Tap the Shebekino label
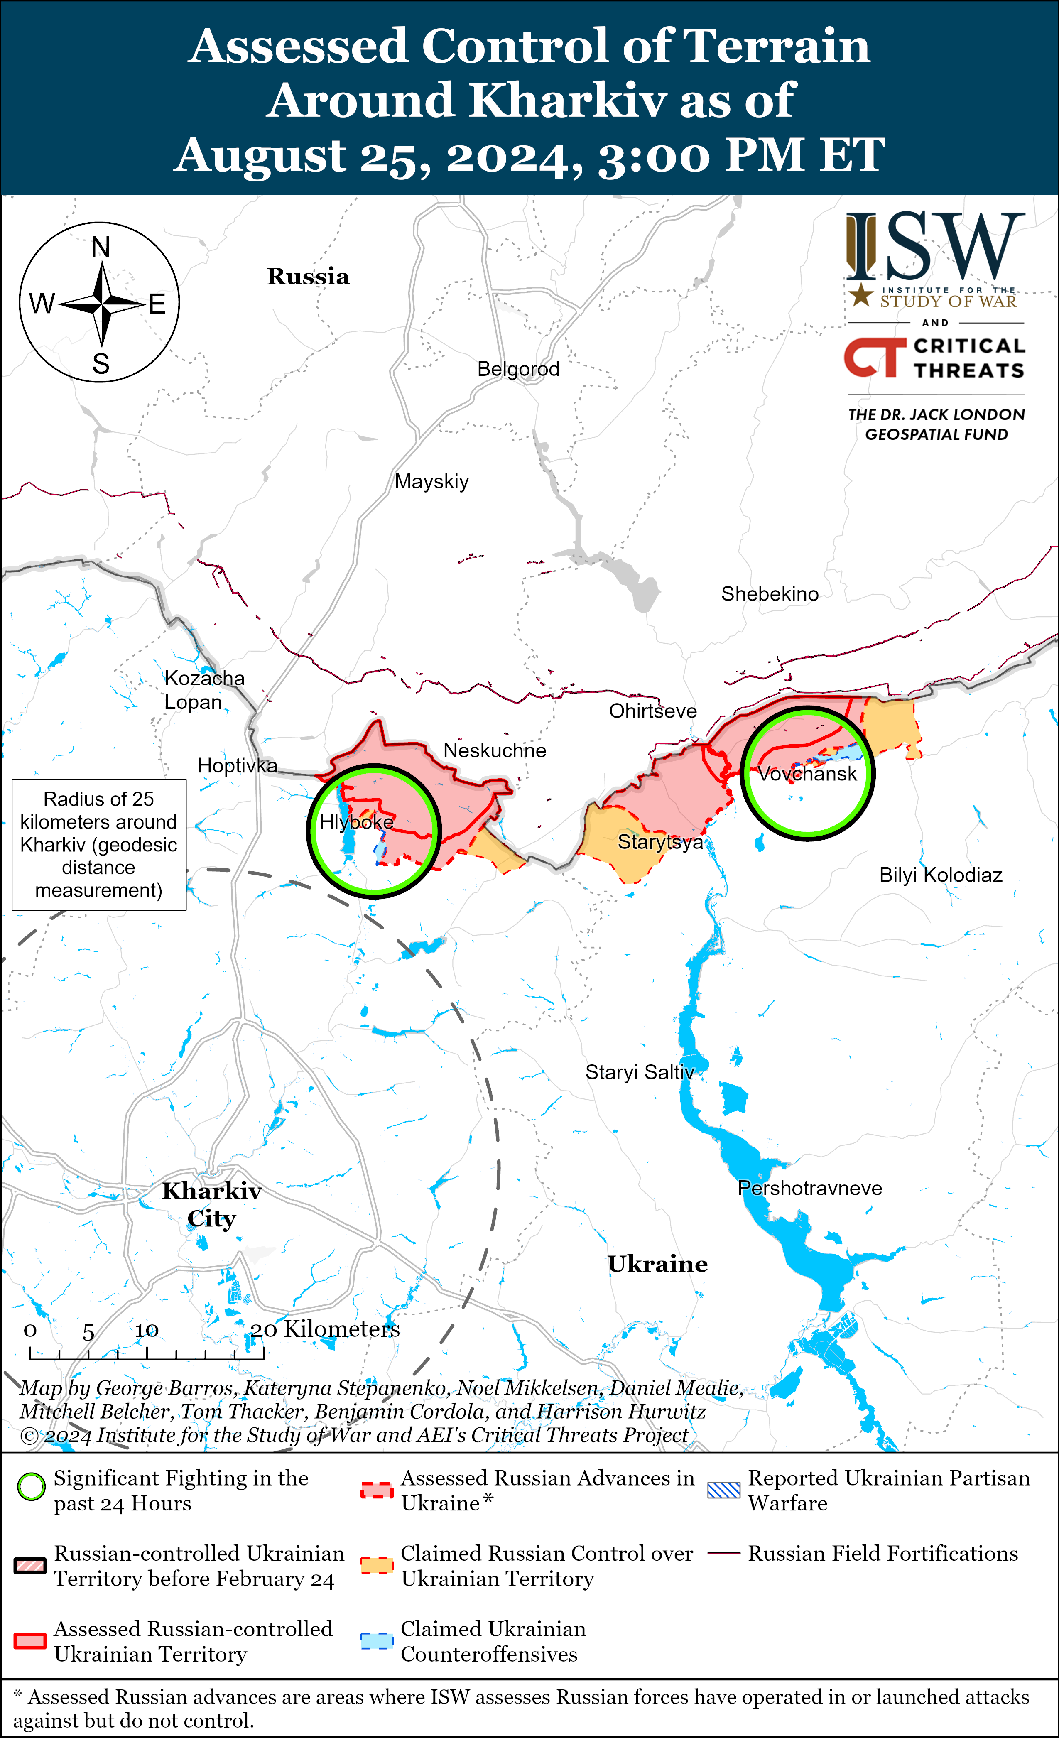pos(769,594)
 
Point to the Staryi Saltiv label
pos(639,1073)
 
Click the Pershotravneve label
pos(809,1189)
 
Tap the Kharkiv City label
pos(212,1205)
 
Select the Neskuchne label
pos(495,750)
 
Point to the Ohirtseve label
pos(652,711)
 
